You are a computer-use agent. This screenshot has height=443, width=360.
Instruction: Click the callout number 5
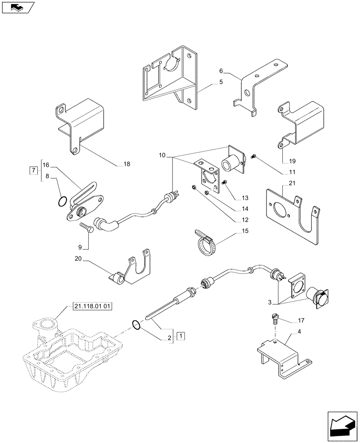pyautogui.click(x=221, y=82)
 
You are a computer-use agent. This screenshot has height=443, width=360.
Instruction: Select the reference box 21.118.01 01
pyautogui.click(x=92, y=306)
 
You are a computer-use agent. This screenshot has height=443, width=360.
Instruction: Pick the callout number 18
pyautogui.click(x=127, y=164)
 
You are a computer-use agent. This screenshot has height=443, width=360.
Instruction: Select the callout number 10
pyautogui.click(x=162, y=155)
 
